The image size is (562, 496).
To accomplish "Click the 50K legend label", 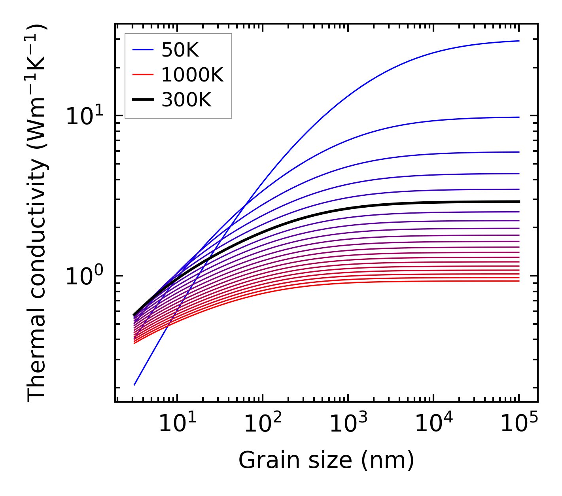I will (x=180, y=50).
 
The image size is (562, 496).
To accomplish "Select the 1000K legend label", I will (x=192, y=75).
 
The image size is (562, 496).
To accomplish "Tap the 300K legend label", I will (x=186, y=100).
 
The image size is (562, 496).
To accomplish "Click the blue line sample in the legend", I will (x=143, y=50).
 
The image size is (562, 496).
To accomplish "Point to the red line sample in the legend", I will (x=143, y=75).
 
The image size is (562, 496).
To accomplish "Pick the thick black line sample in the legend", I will (x=143, y=100).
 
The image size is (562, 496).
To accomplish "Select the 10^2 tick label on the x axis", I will (x=263, y=425).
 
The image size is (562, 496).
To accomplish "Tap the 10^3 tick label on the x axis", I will (x=348, y=425).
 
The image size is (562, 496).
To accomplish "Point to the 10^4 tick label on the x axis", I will (x=433, y=425).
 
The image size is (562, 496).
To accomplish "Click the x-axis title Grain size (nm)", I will (x=326, y=461).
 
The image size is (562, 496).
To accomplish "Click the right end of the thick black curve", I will (x=518, y=202).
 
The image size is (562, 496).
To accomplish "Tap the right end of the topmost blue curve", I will (x=518, y=41).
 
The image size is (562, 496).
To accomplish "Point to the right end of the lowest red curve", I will (x=518, y=281).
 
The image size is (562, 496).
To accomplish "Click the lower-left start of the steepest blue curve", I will (x=134, y=384).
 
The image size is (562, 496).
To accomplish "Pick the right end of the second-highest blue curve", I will (x=518, y=117).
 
